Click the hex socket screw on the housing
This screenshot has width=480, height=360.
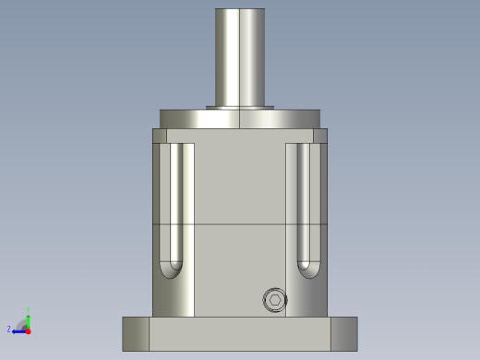(274, 300)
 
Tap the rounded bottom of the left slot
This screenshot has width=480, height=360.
(172, 269)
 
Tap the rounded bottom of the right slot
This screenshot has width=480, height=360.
(307, 269)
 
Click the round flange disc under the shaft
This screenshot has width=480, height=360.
(240, 119)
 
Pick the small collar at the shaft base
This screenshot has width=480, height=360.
(240, 107)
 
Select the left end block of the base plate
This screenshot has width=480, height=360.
(136, 333)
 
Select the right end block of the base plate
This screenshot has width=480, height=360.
(343, 333)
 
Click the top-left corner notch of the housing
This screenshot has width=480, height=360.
(160, 136)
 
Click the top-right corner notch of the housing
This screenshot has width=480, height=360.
(320, 136)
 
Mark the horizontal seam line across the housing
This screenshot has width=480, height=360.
(240, 224)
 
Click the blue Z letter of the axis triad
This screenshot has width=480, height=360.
(9, 329)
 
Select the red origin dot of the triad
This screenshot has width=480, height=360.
(28, 330)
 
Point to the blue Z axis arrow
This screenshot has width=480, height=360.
(18, 330)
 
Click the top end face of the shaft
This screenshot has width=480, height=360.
(240, 10)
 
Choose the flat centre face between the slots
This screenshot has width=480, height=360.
(240, 185)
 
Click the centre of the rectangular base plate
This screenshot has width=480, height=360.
(240, 334)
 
